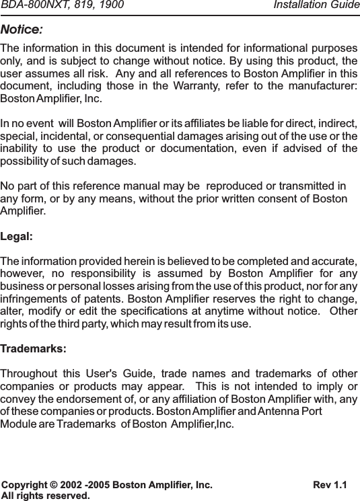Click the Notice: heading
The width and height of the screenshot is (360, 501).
22,30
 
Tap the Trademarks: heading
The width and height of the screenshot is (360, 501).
34,350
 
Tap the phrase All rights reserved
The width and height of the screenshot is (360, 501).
45,496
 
